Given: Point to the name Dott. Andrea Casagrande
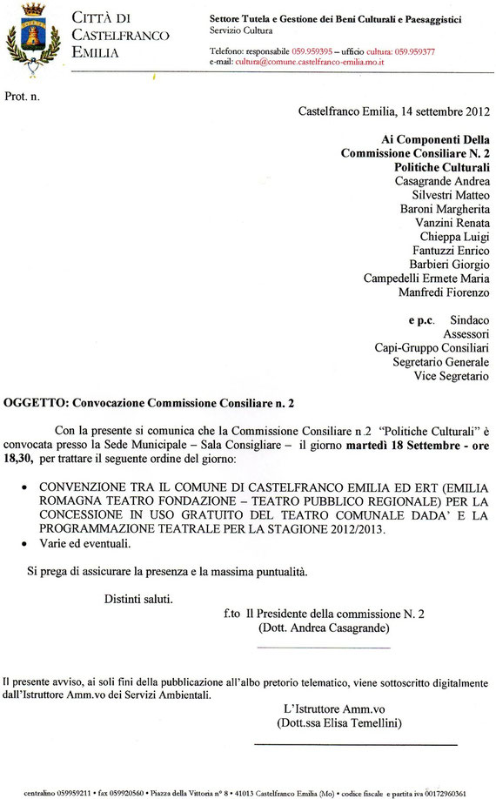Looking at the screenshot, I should [x=323, y=628].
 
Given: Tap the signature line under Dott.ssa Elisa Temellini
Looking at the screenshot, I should [x=355, y=745].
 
